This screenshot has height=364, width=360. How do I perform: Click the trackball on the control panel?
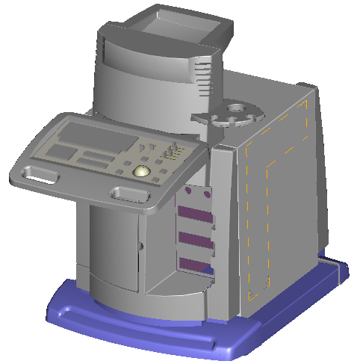click(140, 172)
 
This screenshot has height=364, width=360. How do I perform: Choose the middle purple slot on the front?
click(196, 240)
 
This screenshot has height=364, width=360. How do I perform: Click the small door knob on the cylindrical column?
click(140, 244)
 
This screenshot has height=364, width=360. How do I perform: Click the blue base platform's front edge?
click(134, 329)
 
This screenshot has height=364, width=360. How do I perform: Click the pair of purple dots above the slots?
click(196, 193)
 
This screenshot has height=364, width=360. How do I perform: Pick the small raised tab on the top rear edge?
click(303, 84)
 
